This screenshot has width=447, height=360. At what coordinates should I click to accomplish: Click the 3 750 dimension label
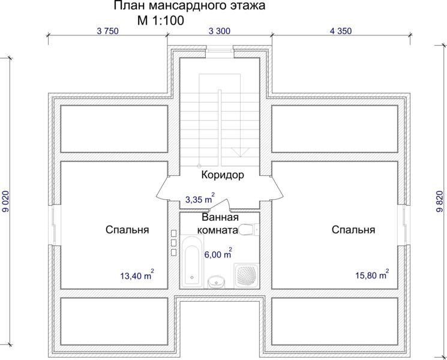[107, 31]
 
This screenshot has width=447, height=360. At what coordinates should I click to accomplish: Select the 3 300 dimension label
[219, 31]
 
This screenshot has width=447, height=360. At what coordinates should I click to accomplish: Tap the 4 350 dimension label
[341, 31]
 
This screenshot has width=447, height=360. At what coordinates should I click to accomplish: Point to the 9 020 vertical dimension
[6, 201]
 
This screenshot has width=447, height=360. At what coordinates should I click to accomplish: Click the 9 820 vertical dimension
[440, 201]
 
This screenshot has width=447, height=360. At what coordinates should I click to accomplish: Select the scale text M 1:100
[161, 20]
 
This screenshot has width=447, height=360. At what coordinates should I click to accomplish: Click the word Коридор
[223, 175]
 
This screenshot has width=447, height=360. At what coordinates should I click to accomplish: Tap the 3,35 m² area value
[200, 199]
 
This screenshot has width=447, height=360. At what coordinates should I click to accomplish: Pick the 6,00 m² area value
[218, 253]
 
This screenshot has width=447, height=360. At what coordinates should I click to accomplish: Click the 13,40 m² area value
[137, 275]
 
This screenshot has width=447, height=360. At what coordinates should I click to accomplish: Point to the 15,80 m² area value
[372, 275]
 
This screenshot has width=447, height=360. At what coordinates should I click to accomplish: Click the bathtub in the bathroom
[192, 261]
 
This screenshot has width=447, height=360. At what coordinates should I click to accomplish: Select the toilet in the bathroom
[248, 229]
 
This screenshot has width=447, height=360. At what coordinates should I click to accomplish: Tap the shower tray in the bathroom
[247, 275]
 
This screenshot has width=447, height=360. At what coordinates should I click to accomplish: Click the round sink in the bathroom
[217, 281]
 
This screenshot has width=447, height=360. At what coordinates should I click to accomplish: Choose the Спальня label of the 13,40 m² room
[127, 229]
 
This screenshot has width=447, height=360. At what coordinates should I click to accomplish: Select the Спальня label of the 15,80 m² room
[353, 229]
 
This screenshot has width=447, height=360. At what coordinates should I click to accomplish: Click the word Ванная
[220, 217]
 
